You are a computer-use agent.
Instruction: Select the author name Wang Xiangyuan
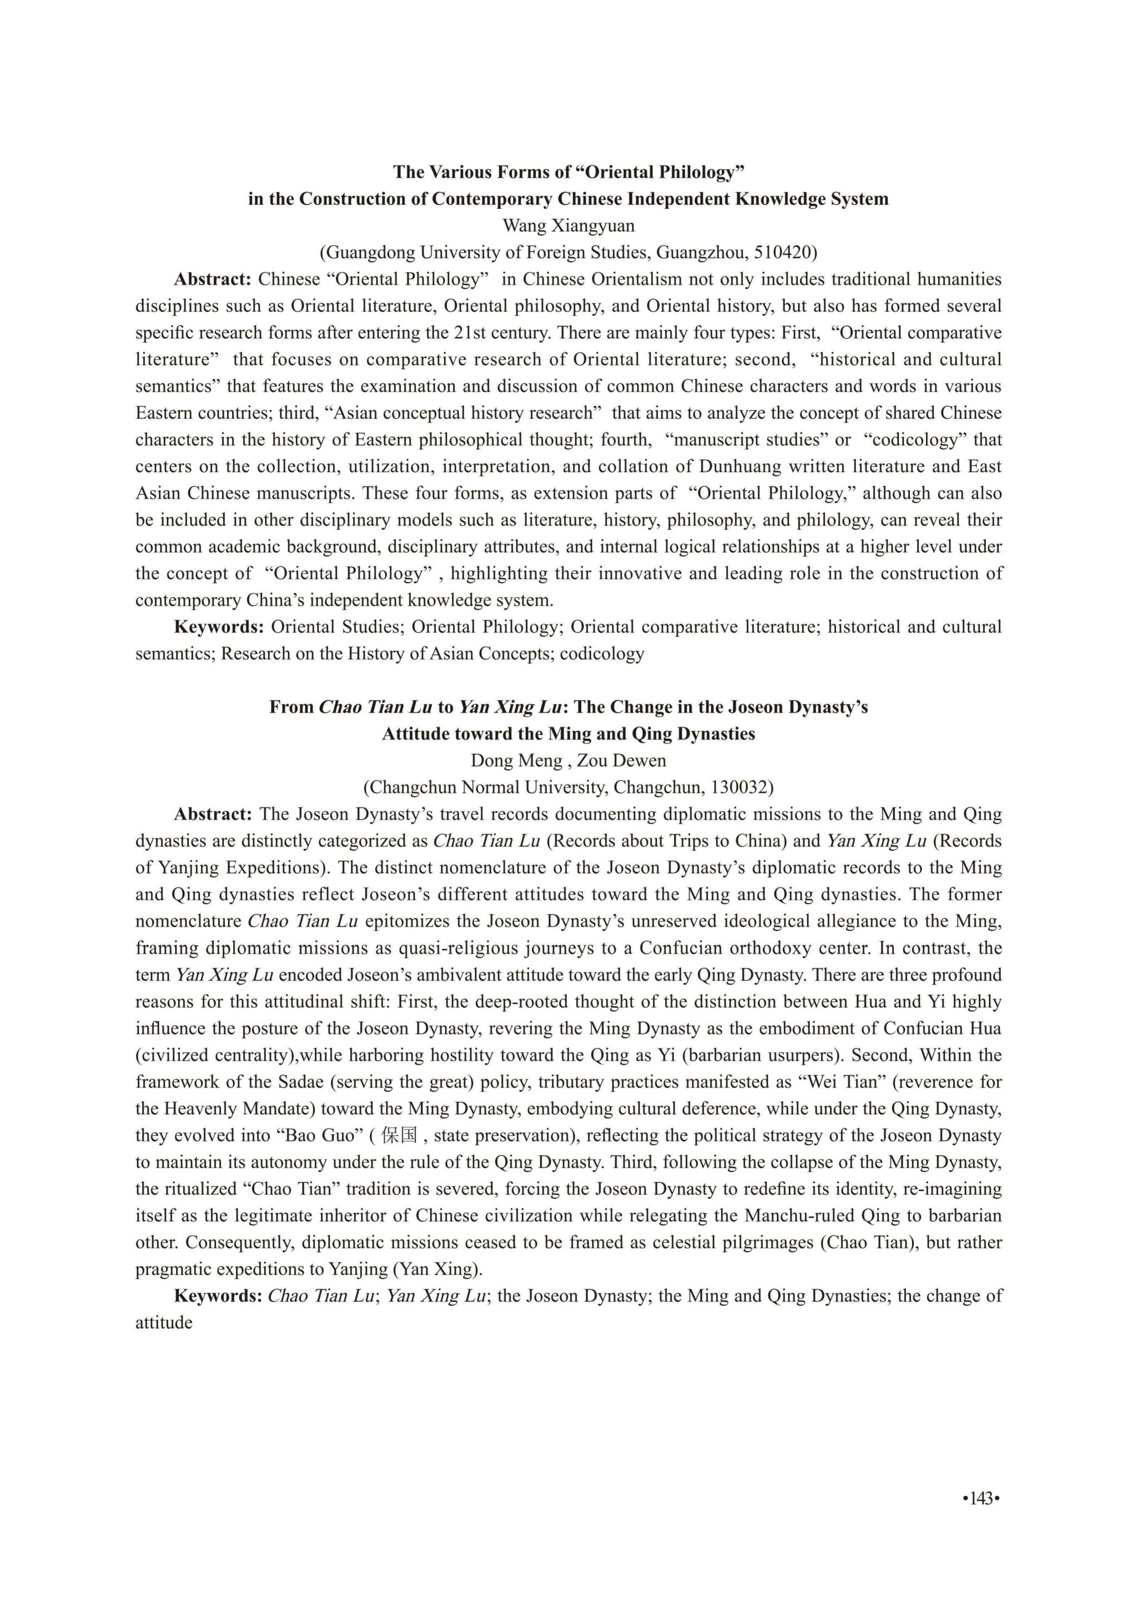[568, 225]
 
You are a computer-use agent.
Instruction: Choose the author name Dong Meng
[516, 761]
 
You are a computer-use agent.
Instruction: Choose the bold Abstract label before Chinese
[212, 279]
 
